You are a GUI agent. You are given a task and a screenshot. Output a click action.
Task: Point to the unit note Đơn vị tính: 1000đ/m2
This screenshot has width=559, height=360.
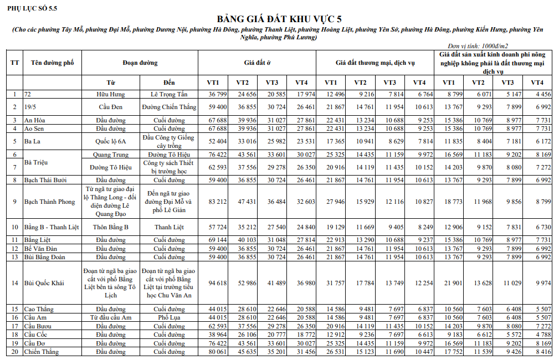(478, 46)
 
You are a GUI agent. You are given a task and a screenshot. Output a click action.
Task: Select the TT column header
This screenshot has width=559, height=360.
(14, 63)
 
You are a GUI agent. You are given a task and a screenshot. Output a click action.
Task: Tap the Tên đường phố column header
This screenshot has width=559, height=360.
(52, 63)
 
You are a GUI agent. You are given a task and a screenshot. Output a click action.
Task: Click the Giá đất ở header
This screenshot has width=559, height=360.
(257, 63)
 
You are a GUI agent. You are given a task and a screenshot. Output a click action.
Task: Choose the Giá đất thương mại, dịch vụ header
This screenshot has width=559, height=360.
(375, 63)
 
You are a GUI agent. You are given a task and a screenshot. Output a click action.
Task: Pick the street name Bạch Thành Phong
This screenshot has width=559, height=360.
(49, 202)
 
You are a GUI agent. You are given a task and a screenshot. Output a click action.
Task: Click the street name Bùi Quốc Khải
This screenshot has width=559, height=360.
(44, 283)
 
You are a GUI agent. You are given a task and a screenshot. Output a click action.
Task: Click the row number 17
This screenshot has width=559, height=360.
(14, 326)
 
